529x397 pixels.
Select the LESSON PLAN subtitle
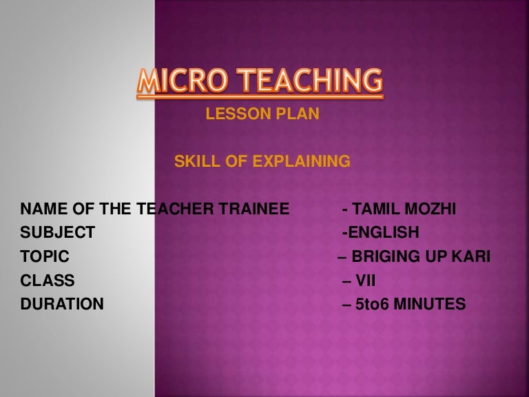click(262, 115)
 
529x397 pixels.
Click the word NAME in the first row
click(40, 209)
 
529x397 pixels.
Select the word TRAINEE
click(256, 209)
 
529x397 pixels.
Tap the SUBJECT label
click(58, 233)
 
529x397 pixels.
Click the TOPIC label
click(45, 256)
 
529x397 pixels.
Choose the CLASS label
click(48, 281)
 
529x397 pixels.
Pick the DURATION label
click(62, 304)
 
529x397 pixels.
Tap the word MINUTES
click(431, 304)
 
